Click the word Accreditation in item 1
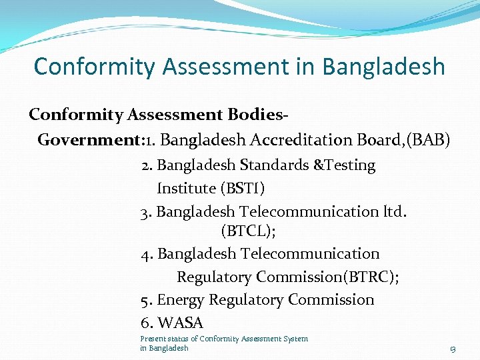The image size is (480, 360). pyautogui.click(x=294, y=140)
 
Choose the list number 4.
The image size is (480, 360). pyautogui.click(x=147, y=254)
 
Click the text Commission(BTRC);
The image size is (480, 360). pyautogui.click(x=327, y=277)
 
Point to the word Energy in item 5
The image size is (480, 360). pyautogui.click(x=181, y=300)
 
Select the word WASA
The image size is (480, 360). pyautogui.click(x=181, y=323)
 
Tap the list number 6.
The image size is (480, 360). pyautogui.click(x=147, y=323)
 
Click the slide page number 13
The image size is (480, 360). pyautogui.click(x=452, y=349)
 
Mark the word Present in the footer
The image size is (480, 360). pyautogui.click(x=152, y=339)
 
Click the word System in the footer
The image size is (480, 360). pyautogui.click(x=296, y=339)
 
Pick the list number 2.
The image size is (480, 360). pyautogui.click(x=147, y=165)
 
